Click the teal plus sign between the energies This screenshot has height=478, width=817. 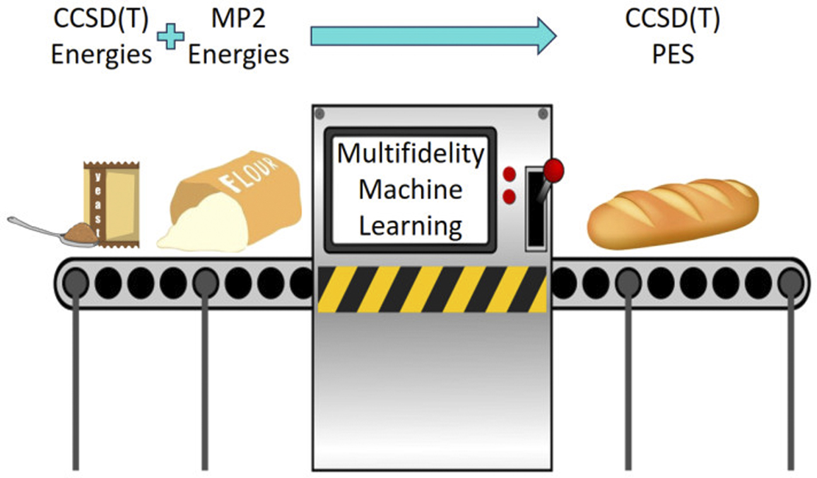coord(170,37)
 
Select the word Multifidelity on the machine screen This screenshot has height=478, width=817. coord(411,154)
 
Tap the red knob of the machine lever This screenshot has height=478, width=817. coord(554,169)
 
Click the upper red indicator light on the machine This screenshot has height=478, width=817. coord(509,174)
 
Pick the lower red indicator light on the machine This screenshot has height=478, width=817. coord(509,196)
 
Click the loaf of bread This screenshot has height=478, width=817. coord(672,214)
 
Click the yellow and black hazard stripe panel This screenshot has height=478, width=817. coord(432,289)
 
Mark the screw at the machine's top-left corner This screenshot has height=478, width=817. coord(320,114)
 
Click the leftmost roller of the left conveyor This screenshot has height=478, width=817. coord(75,282)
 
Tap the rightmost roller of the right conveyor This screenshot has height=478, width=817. coord(790,282)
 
